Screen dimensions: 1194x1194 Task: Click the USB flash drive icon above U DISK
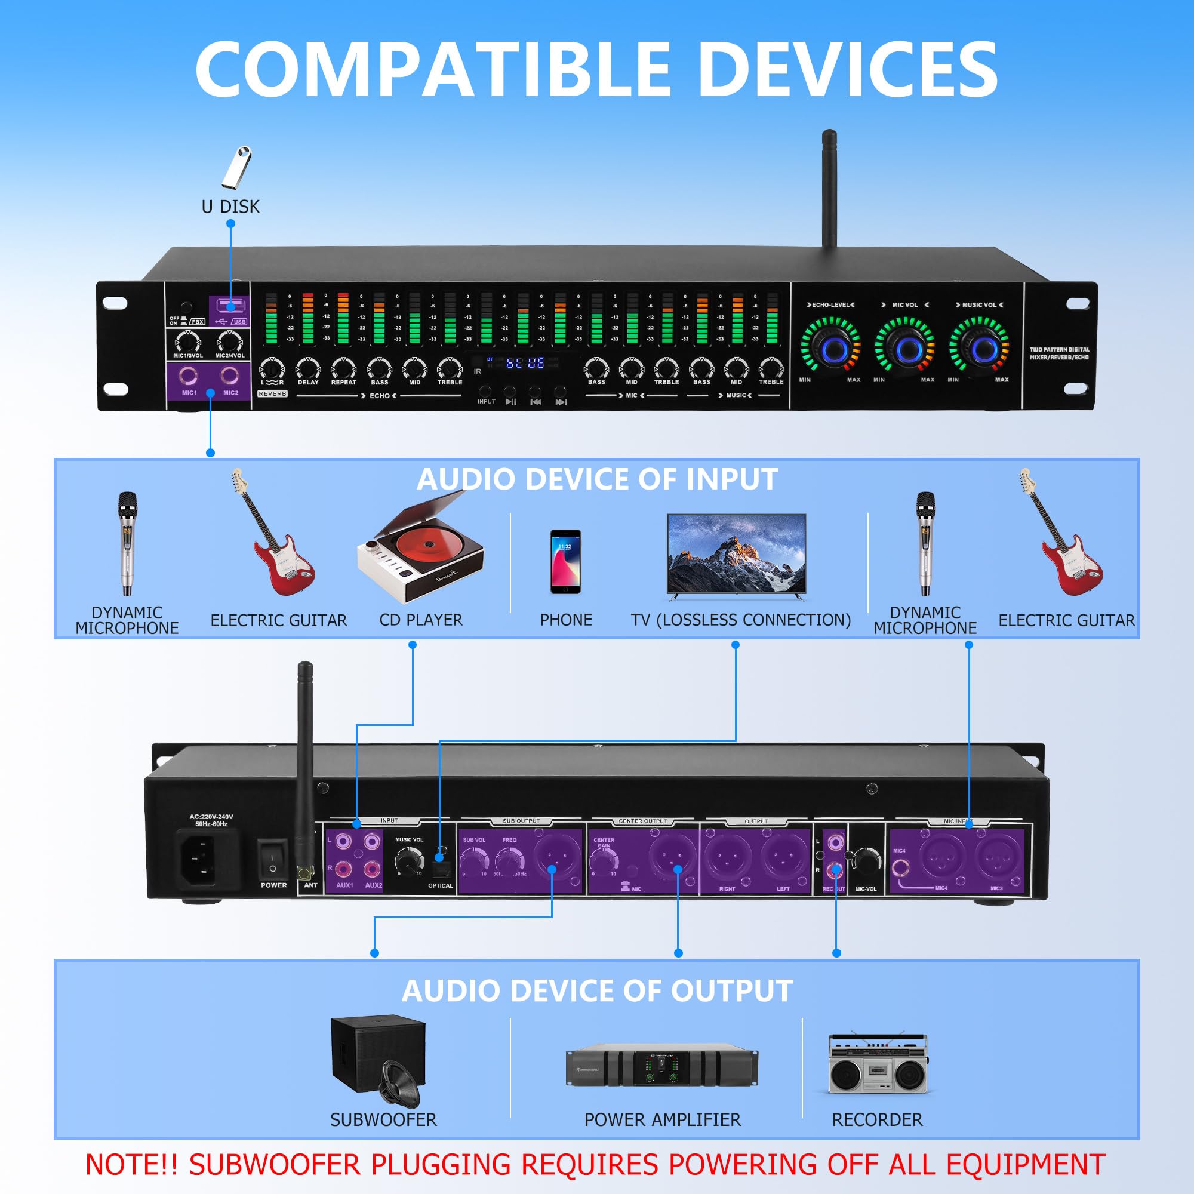click(x=236, y=167)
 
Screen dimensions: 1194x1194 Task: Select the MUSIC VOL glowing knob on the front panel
click(x=982, y=350)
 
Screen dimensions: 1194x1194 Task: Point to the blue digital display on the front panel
click(x=525, y=363)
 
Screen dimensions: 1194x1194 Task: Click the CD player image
click(x=420, y=550)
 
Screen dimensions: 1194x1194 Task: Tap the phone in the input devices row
click(x=565, y=561)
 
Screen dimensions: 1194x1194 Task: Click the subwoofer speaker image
click(x=379, y=1060)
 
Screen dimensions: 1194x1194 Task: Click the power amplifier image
click(x=662, y=1067)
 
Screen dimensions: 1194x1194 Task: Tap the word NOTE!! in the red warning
click(x=131, y=1164)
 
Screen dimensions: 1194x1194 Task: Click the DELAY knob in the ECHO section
click(x=308, y=369)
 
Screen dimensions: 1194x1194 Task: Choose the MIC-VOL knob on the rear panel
click(x=865, y=859)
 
